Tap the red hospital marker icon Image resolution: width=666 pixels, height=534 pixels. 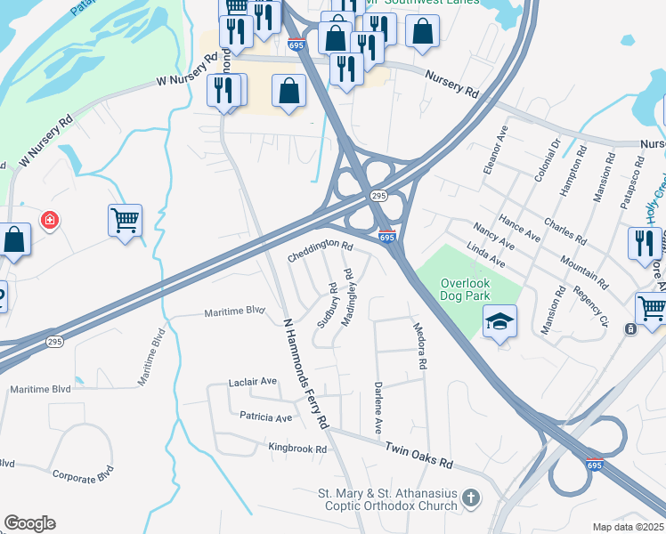[x=50, y=219]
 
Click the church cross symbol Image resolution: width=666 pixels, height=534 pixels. [x=471, y=498]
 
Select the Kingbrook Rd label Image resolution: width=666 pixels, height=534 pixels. [x=297, y=449]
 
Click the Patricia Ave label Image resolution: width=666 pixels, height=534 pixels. [x=265, y=417]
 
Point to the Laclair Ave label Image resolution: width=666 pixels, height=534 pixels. [x=253, y=382]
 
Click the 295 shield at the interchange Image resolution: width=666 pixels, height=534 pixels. [x=378, y=195]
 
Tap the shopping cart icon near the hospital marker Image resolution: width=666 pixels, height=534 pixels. [x=125, y=219]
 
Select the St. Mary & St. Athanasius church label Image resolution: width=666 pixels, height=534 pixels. [x=387, y=498]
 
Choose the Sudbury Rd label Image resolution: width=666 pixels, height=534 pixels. [x=329, y=305]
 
